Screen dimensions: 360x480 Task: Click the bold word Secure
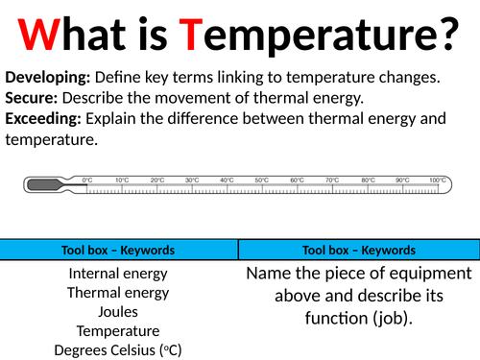click(28, 98)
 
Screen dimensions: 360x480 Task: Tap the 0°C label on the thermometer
click(86, 180)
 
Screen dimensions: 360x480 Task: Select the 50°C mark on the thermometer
click(261, 180)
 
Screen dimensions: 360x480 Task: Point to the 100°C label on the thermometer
click(438, 180)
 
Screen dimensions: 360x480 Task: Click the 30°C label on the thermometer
click(191, 180)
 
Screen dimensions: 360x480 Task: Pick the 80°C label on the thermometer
click(367, 180)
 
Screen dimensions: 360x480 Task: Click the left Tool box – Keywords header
click(119, 250)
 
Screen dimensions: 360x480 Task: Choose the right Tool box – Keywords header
click(358, 250)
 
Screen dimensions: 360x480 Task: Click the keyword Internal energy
click(119, 274)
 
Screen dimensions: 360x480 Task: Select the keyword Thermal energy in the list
click(119, 293)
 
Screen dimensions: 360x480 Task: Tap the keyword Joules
click(119, 311)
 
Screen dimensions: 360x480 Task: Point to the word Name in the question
click(270, 274)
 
